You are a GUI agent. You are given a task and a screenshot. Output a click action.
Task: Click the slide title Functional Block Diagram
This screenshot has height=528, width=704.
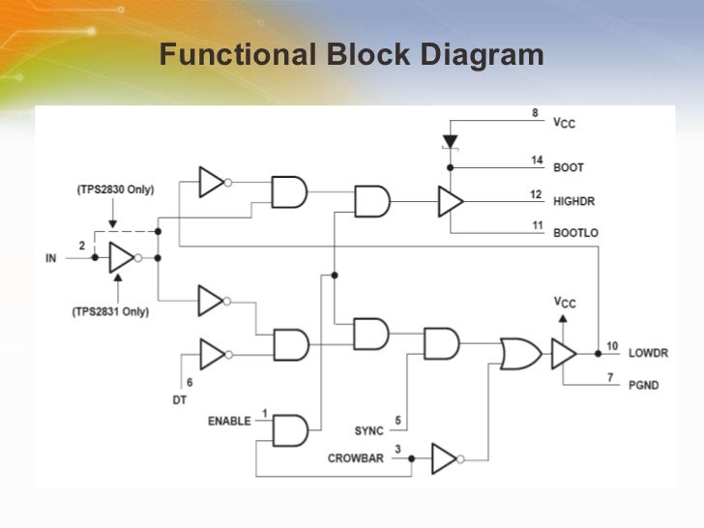pyautogui.click(x=351, y=55)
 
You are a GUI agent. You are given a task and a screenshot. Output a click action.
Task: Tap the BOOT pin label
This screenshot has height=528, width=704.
pyautogui.click(x=568, y=168)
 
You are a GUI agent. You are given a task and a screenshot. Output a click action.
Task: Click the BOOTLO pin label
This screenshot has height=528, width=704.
pyautogui.click(x=574, y=233)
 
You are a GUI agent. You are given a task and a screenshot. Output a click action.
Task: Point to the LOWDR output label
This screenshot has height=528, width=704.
pyautogui.click(x=648, y=354)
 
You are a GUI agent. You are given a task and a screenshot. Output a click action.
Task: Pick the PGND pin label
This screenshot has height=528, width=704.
pyautogui.click(x=643, y=385)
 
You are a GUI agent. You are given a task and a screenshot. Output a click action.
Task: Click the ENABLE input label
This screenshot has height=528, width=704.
pyautogui.click(x=229, y=422)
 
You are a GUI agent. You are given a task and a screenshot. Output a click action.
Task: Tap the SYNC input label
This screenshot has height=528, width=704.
pyautogui.click(x=368, y=430)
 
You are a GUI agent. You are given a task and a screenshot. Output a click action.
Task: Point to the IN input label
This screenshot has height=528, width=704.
pyautogui.click(x=51, y=258)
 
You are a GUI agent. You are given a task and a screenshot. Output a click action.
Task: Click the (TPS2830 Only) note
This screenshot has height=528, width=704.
pyautogui.click(x=115, y=190)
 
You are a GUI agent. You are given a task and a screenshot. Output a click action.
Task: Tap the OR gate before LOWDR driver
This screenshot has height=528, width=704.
pyautogui.click(x=520, y=354)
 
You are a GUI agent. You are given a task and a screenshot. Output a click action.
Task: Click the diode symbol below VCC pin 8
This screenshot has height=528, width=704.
pyautogui.click(x=450, y=141)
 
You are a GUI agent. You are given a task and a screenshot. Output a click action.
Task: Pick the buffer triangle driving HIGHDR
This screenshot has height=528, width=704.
pyautogui.click(x=450, y=201)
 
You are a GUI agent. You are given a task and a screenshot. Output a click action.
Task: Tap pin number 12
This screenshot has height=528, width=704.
pyautogui.click(x=536, y=194)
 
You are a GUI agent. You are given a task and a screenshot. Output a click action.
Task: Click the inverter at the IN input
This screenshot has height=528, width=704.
pyautogui.click(x=122, y=258)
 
